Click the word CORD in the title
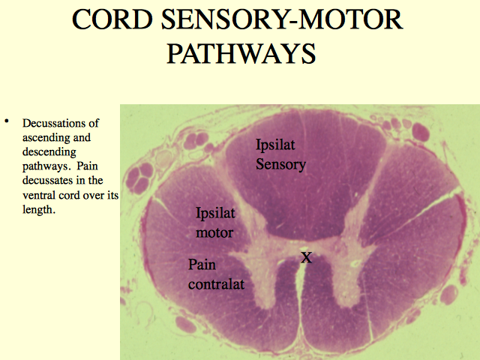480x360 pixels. (x=112, y=19)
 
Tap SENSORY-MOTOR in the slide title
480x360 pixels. (x=282, y=19)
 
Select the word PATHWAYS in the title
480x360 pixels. (x=241, y=53)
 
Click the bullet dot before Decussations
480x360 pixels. (x=7, y=121)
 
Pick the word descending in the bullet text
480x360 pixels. (x=49, y=152)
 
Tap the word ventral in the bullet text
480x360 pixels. (x=39, y=195)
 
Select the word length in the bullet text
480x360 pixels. (x=37, y=210)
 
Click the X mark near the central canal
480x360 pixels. (x=306, y=257)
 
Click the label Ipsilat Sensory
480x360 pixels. (x=280, y=154)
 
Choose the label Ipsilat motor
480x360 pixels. (x=215, y=223)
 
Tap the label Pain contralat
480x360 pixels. (x=216, y=274)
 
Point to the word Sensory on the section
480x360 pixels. (x=280, y=165)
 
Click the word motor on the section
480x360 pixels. (x=214, y=233)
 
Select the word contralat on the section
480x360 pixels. (x=216, y=284)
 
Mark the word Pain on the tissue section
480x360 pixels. (x=202, y=265)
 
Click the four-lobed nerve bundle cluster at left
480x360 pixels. (x=139, y=178)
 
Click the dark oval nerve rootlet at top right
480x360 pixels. (x=421, y=132)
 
